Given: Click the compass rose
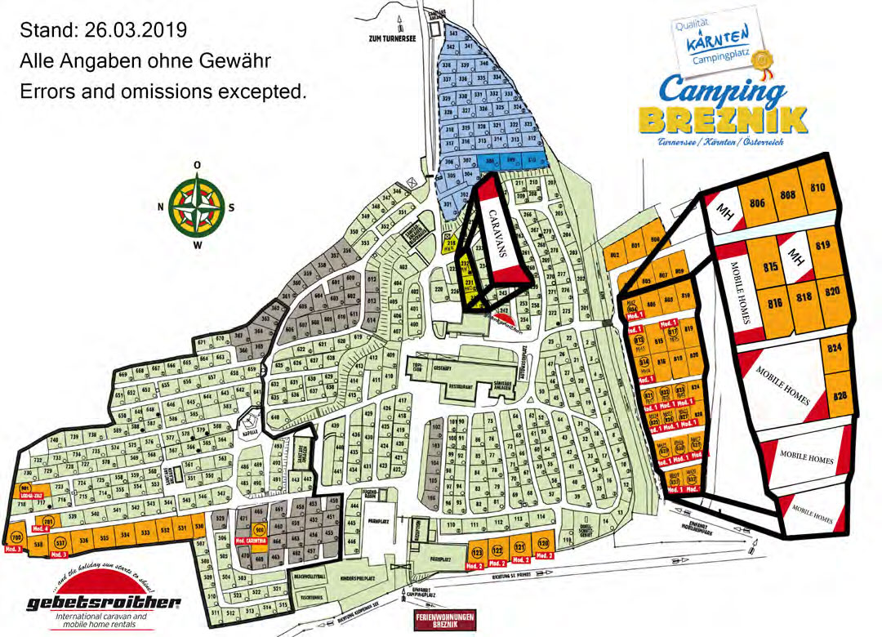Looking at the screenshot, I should (198, 207).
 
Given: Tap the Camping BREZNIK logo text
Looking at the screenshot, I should (723, 106).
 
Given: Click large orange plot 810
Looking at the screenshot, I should (817, 187).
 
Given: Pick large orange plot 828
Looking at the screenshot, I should (839, 395).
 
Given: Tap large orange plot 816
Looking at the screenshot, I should (774, 303).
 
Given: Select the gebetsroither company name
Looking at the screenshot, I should (103, 603).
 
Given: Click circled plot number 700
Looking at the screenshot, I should (16, 539).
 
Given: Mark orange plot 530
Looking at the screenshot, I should (198, 528).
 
